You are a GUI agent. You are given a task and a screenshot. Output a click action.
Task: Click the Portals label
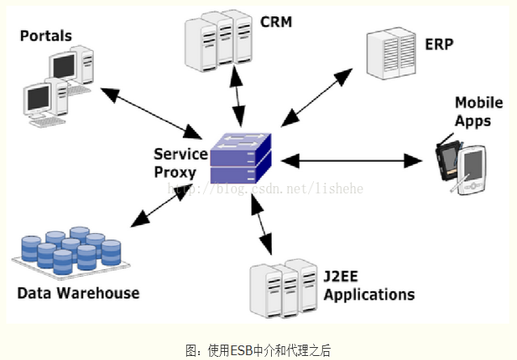(45, 36)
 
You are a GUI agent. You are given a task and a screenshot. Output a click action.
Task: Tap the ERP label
(438, 42)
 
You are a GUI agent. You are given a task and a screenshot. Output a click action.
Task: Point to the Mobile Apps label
(473, 111)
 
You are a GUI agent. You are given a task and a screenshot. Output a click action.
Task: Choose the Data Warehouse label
(78, 293)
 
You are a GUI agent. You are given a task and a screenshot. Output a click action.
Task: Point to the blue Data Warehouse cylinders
(71, 251)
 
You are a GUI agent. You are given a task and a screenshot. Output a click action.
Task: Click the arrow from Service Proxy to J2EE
(261, 220)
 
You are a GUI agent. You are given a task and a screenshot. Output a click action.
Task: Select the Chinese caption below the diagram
(258, 350)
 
